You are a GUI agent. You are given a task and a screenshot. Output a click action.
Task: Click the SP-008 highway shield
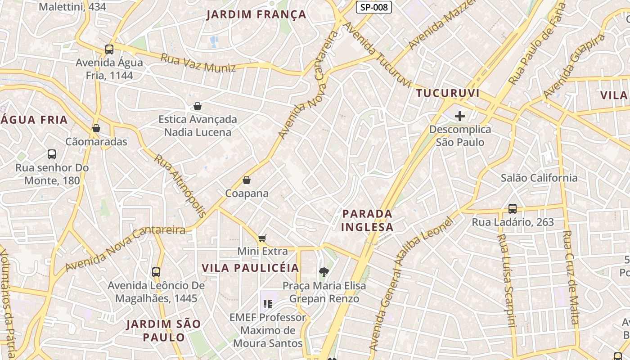[x=374, y=7]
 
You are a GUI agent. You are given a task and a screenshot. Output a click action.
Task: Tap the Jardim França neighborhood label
[x=256, y=15]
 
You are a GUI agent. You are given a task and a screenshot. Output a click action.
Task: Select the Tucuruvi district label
[x=448, y=94]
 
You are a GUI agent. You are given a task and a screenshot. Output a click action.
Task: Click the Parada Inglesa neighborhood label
[x=367, y=220]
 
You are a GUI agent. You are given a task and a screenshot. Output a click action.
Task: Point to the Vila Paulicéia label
[x=250, y=268]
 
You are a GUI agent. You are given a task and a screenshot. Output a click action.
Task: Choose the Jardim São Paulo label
[x=164, y=330]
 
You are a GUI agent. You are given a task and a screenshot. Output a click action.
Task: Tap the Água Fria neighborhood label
[x=34, y=120]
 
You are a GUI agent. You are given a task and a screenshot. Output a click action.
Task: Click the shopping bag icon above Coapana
[x=247, y=180]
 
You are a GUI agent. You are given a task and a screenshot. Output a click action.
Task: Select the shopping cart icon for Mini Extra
[x=262, y=238]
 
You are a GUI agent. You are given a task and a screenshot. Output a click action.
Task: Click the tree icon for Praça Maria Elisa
[x=324, y=272]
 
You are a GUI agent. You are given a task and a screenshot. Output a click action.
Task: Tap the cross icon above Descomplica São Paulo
[x=459, y=116]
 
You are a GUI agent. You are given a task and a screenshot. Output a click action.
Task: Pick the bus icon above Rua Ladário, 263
[x=513, y=209]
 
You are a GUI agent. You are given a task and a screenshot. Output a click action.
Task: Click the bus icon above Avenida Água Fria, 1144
[x=109, y=49]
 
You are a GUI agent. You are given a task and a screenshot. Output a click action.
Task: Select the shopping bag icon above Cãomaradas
[x=96, y=129]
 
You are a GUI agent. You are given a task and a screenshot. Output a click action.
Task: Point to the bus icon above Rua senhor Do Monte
[x=52, y=154]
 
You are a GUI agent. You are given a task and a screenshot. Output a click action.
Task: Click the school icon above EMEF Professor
[x=268, y=304]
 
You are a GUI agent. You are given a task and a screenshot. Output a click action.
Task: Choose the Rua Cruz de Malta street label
[x=571, y=277]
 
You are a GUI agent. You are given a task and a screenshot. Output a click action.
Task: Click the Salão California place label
[x=539, y=178]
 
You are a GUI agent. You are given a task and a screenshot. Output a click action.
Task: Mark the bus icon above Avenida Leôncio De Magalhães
[x=156, y=272]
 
